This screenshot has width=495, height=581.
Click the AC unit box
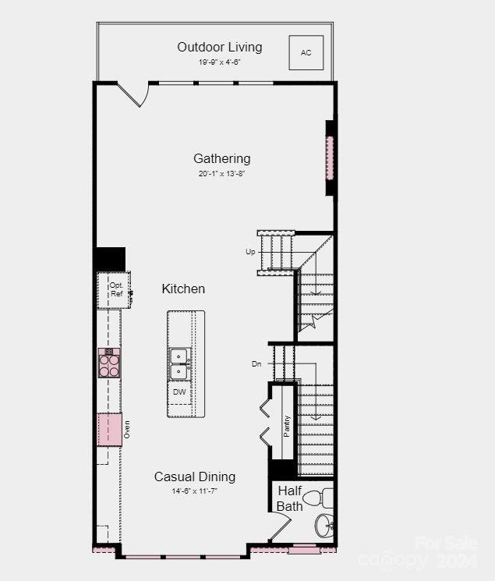coord(306,52)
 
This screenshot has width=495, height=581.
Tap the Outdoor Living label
coord(219,47)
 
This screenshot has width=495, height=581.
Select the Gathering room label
coord(222,158)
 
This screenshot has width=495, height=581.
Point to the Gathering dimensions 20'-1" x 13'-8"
coord(222,174)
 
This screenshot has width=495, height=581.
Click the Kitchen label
coord(183,289)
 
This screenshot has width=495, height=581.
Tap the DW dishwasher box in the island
coord(180,391)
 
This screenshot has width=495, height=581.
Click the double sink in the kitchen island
coord(180,363)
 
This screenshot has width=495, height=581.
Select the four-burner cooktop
coord(109,363)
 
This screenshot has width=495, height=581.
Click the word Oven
coord(127,429)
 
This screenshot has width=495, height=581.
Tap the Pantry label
coord(287,426)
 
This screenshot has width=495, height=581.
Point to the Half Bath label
coord(290,498)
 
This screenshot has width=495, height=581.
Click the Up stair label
coord(250,252)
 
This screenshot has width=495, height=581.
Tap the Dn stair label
coord(256,364)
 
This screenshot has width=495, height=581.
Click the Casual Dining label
coord(194,476)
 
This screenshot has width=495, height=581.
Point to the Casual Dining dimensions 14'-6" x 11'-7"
coord(194,491)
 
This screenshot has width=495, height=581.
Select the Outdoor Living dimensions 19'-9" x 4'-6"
coord(219,62)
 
